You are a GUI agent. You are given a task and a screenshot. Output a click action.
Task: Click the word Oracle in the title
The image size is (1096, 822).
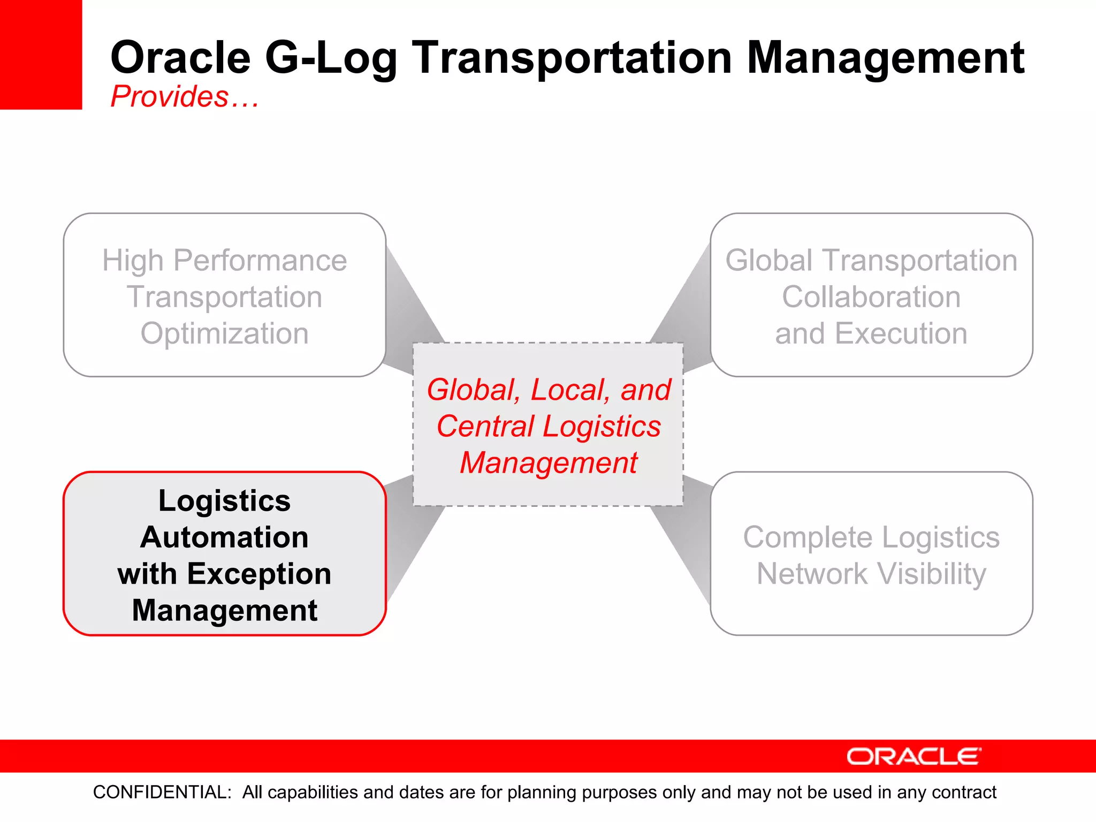point(180,58)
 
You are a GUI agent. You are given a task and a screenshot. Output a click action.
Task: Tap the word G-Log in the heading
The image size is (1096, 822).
point(331,58)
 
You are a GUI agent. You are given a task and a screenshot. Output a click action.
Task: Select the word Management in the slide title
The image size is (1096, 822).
point(885,58)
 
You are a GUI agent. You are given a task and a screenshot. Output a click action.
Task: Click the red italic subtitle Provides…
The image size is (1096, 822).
point(184,97)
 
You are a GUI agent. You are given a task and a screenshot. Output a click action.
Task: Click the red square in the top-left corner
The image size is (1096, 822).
point(41,54)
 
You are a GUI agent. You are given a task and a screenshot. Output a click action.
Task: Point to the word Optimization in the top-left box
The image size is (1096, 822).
point(224,333)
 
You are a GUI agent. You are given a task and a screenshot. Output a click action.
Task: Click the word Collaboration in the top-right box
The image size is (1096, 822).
point(871,297)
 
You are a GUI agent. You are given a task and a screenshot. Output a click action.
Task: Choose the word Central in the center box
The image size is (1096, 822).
point(485,427)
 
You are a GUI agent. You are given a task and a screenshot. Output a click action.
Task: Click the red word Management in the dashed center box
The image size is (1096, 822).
point(549,463)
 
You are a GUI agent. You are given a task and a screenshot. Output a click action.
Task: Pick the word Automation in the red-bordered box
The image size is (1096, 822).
point(224,537)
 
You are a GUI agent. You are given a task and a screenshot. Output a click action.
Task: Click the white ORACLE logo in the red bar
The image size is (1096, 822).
point(913,757)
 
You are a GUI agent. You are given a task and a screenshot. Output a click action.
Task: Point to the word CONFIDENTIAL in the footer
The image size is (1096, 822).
point(162,792)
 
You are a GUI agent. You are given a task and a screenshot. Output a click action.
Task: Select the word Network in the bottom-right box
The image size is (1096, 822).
point(812,574)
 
